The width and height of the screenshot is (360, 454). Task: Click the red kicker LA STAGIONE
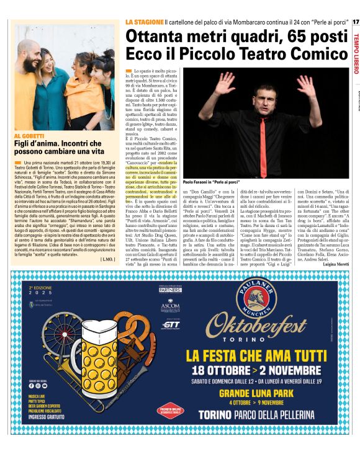pyautogui.click(x=145, y=22)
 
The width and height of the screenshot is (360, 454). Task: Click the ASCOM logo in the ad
pyautogui.click(x=169, y=306)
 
